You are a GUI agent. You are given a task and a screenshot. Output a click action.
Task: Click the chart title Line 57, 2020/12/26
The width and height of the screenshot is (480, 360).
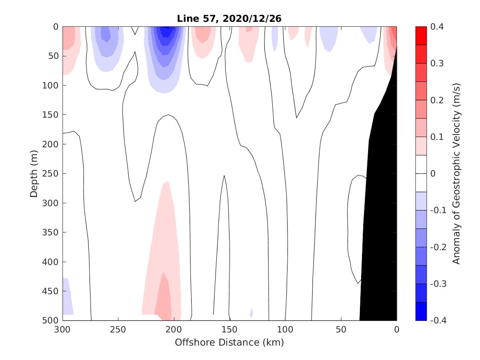[230, 19]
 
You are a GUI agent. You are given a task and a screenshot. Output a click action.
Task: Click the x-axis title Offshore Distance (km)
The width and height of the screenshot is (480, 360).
[230, 342]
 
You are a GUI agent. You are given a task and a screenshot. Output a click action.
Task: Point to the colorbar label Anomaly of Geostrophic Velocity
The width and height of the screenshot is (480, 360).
[456, 174]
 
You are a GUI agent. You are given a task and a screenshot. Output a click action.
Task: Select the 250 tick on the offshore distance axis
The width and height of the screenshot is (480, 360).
[118, 329]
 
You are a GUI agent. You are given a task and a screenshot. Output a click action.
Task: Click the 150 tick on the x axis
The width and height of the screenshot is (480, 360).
[230, 329]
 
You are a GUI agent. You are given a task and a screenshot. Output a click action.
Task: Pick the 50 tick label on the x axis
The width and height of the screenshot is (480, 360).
[341, 329]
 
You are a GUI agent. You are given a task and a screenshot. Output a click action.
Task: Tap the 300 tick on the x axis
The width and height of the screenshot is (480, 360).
[63, 329]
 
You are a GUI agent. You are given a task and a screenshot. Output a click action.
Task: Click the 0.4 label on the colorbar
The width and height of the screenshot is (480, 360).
[436, 27]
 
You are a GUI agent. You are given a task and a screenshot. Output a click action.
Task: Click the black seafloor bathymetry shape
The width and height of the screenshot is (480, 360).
[380, 206]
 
